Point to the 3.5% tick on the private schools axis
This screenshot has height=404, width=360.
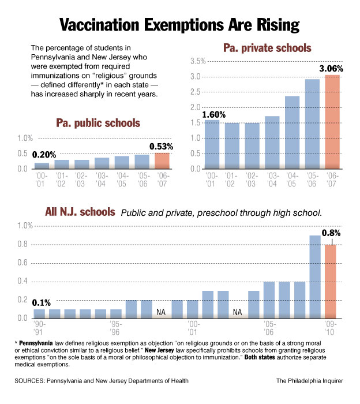click(x=196, y=61)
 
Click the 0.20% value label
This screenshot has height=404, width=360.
click(x=44, y=155)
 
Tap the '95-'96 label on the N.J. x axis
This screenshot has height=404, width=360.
click(x=115, y=328)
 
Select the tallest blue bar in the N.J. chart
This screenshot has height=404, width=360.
click(x=315, y=276)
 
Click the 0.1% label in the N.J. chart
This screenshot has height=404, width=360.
click(x=42, y=302)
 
